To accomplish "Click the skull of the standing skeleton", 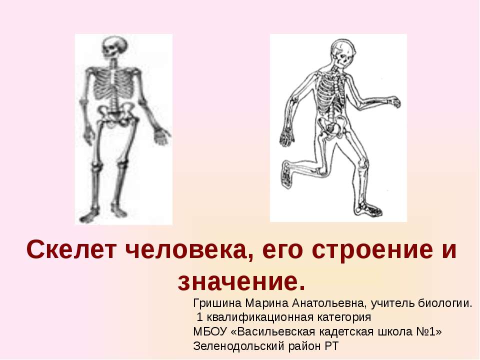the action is [x=114, y=47].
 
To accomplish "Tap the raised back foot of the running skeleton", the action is [x=286, y=174].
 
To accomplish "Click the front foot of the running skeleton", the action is [x=369, y=209].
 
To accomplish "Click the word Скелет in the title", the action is [x=71, y=249].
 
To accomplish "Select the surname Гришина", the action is [x=217, y=303].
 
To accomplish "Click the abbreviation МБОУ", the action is [x=210, y=331].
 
